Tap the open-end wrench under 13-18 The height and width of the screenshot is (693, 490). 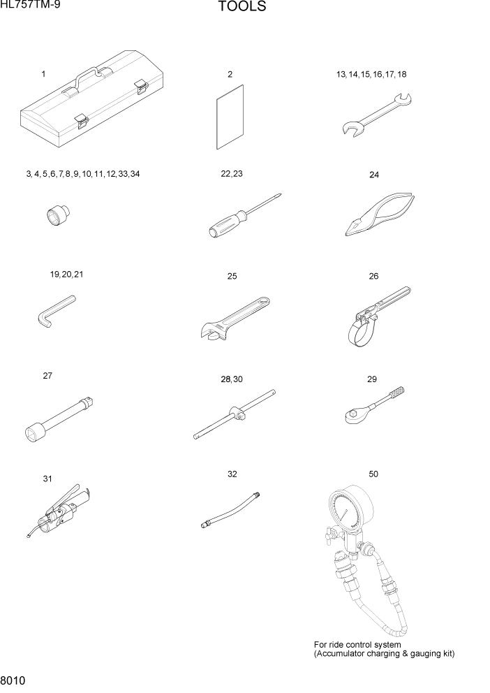click(x=377, y=112)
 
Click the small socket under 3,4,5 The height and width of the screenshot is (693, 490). click(x=52, y=216)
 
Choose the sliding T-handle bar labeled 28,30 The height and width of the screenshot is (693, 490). click(x=235, y=417)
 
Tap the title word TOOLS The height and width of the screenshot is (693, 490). click(x=242, y=8)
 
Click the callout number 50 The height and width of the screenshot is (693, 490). click(x=373, y=474)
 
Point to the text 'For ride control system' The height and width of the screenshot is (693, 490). click(x=357, y=644)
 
